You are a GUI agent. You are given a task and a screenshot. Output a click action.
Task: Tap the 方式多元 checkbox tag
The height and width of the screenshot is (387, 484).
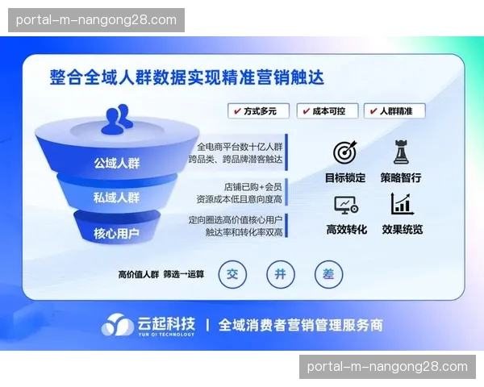[x=257, y=111]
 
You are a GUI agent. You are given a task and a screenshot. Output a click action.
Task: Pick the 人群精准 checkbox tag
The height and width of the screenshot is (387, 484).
[x=394, y=111]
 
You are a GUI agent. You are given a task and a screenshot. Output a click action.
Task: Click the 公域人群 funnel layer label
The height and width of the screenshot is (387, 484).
[x=116, y=163]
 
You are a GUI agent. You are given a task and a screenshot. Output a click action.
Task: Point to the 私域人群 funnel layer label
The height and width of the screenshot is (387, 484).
[x=116, y=198]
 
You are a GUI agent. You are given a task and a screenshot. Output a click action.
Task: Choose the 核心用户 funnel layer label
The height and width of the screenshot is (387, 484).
[x=116, y=233]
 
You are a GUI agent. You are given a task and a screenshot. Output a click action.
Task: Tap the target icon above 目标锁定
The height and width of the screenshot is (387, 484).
[x=345, y=152]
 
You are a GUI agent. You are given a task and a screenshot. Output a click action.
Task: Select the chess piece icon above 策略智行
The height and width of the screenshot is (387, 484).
[x=401, y=152]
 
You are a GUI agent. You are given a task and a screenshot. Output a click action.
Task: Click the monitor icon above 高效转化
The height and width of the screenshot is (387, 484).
[x=345, y=205]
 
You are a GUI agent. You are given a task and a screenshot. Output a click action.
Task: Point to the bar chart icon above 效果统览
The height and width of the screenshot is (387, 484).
[x=401, y=204]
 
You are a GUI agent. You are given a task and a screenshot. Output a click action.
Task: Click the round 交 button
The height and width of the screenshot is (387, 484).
[x=233, y=274]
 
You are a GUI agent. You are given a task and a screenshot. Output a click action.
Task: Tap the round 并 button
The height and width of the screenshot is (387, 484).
[x=280, y=274]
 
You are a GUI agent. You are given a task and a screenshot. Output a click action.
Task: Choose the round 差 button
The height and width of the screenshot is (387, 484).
[x=328, y=274]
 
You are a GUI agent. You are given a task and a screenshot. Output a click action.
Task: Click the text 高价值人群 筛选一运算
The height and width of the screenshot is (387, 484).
[x=161, y=274]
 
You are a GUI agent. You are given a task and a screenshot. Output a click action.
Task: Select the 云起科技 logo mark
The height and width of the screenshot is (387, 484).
[x=118, y=325]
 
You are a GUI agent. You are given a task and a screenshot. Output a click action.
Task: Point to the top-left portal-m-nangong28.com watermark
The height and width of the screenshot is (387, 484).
[x=96, y=19]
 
